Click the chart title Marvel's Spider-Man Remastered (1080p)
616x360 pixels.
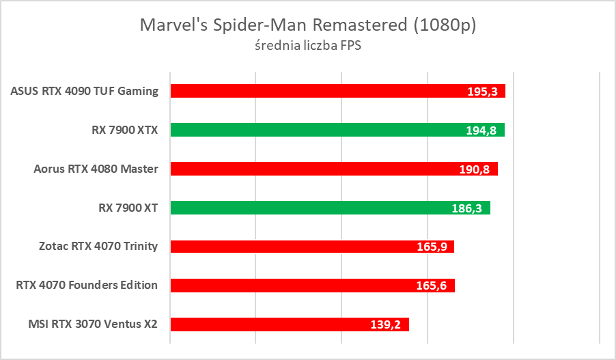pos(308,25)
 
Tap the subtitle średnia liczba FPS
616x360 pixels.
pos(308,46)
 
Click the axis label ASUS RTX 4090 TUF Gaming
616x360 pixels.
pos(85,91)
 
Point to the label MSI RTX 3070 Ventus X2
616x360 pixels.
pos(89,324)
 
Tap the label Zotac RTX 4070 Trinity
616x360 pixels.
pos(98,247)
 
